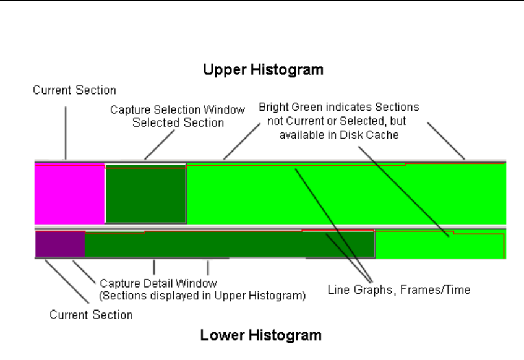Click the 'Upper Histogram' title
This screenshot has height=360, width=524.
point(263,70)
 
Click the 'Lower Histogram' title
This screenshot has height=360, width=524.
point(260,336)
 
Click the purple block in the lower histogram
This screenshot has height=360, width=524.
point(60,244)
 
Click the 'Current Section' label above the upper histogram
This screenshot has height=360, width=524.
point(74,90)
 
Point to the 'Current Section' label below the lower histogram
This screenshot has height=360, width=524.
point(91,315)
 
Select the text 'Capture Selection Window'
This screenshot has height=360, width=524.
point(178,109)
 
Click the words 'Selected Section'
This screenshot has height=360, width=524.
point(178,122)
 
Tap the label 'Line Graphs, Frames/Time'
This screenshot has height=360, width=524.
point(398,289)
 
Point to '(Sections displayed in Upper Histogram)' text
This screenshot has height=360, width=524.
point(202,296)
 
